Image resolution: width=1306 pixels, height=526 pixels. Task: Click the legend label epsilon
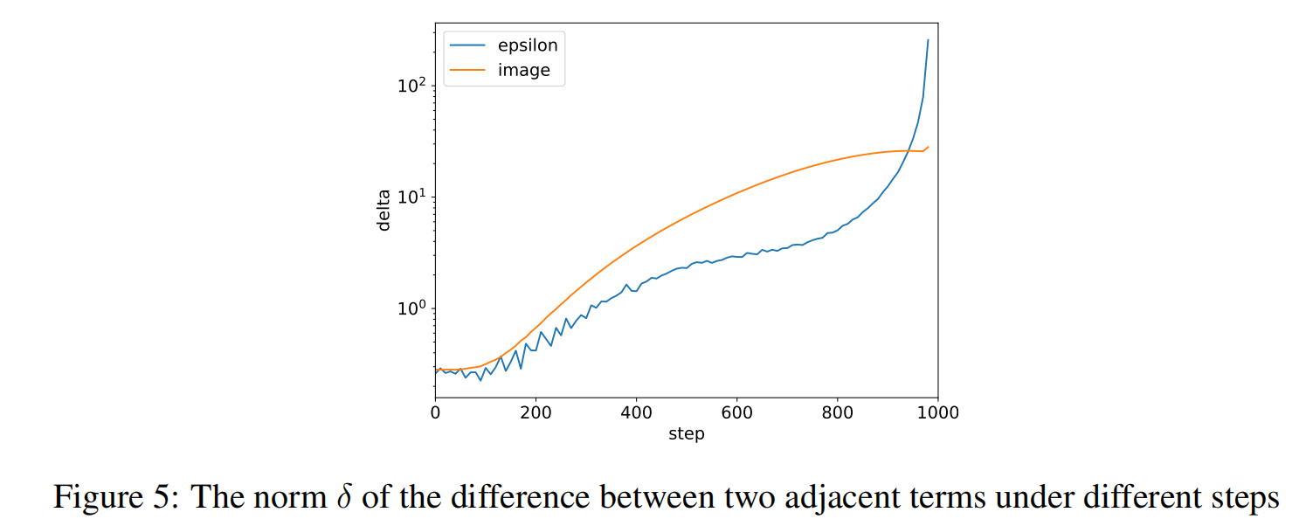[x=528, y=46]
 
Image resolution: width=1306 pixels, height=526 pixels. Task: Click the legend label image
[x=524, y=71]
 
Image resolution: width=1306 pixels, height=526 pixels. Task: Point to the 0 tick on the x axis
[x=435, y=412]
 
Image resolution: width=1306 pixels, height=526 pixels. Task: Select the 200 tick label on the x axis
[x=536, y=412]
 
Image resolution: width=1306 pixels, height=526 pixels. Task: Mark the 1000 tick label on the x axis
[x=938, y=412]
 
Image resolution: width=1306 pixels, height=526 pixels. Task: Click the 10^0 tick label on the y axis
[x=413, y=308]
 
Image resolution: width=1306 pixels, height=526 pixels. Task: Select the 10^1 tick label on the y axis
[x=413, y=197]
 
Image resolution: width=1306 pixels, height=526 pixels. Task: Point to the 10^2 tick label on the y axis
[x=413, y=86]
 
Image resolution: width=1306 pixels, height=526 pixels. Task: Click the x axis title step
[x=687, y=434]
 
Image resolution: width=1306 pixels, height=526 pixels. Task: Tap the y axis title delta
[x=384, y=211]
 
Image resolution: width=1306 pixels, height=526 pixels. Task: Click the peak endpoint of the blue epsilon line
[x=928, y=40]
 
